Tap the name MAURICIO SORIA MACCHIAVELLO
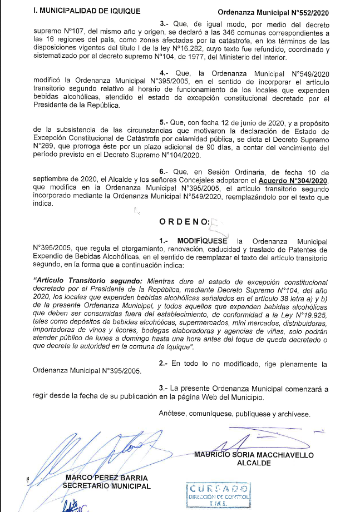click(254, 455)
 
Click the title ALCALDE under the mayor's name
click(254, 463)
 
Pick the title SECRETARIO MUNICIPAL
click(106, 486)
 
